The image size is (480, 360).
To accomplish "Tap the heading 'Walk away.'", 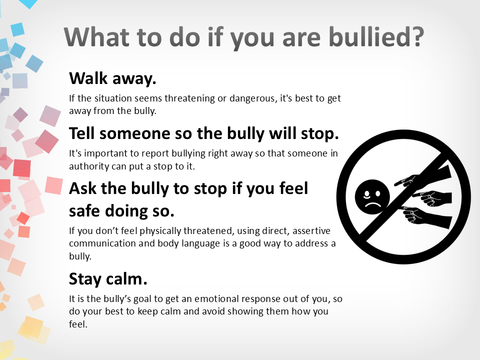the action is tap(112, 78).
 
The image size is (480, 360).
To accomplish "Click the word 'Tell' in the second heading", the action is tap(81, 133).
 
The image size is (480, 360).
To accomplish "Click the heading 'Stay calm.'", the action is tap(108, 279).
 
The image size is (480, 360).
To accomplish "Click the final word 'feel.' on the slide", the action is tap(78, 324).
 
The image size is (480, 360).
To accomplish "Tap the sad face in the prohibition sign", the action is tap(372, 196).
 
